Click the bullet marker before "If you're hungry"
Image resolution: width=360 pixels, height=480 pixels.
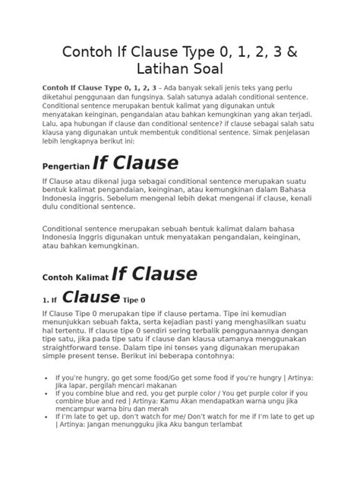click(x=49, y=377)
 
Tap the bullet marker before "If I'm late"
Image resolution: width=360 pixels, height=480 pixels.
click(x=49, y=416)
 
